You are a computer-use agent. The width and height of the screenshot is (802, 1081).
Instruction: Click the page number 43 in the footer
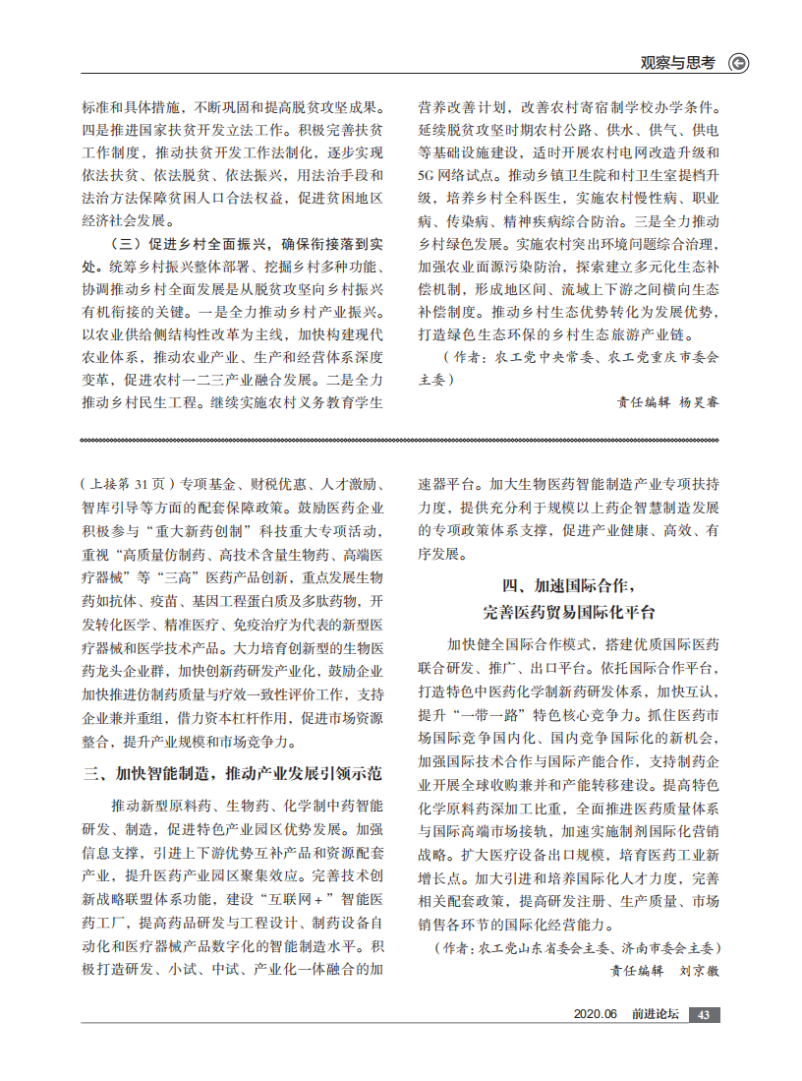click(x=704, y=1015)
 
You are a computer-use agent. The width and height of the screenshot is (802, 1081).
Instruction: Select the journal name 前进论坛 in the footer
click(x=656, y=1015)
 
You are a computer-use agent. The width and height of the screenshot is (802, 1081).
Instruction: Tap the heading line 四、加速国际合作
click(x=569, y=586)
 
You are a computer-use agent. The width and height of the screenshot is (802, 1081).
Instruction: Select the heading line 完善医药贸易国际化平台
click(x=569, y=612)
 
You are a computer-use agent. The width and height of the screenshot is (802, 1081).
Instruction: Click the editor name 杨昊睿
click(x=699, y=401)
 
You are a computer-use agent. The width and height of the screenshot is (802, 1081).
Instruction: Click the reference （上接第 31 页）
click(x=127, y=484)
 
